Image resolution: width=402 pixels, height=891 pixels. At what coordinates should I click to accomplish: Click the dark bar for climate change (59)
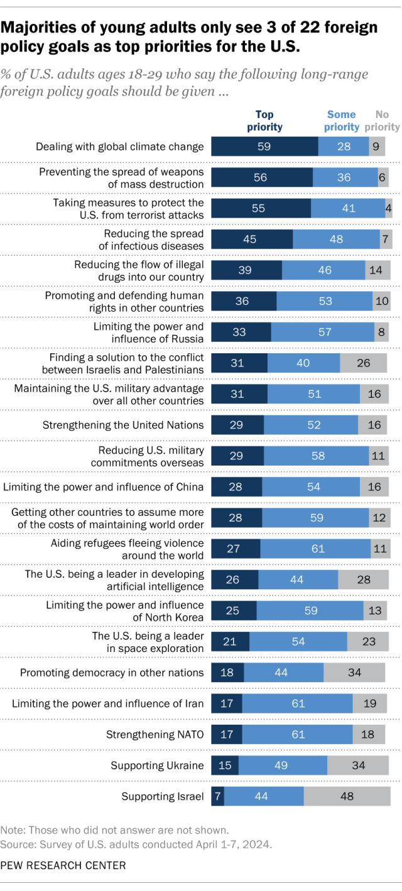[264, 147]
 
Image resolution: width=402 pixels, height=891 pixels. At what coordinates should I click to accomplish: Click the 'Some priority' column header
[342, 120]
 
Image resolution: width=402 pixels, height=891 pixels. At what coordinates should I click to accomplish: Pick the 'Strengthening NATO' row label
[155, 734]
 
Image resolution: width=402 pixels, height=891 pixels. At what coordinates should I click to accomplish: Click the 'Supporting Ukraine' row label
[157, 765]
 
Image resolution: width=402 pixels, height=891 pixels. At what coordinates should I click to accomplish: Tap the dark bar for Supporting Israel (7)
[217, 796]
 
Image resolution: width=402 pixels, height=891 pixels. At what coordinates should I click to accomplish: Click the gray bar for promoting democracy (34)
[354, 673]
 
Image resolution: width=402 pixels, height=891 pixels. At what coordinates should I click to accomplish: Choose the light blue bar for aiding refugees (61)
[315, 549]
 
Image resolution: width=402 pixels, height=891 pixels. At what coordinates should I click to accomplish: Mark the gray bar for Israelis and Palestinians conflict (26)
[363, 363]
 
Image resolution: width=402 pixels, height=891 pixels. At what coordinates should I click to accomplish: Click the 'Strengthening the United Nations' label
[123, 425]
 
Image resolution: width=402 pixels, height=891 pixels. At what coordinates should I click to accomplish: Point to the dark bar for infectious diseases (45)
[252, 239]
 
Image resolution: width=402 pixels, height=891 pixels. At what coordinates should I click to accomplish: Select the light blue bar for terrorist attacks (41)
[347, 208]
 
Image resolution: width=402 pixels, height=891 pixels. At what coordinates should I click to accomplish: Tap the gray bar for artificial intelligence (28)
[362, 580]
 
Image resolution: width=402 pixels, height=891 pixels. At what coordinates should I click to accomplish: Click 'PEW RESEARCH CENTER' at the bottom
[63, 865]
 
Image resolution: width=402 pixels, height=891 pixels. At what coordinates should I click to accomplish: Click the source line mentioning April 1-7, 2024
[136, 844]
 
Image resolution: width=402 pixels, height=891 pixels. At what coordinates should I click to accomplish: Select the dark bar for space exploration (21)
[230, 641]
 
